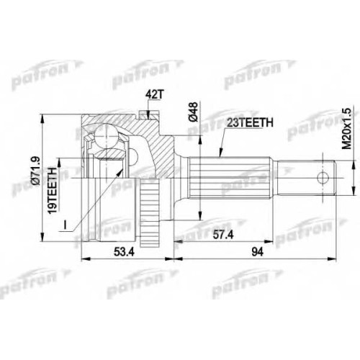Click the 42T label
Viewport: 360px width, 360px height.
tap(154, 95)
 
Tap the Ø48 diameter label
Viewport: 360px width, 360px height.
tap(194, 112)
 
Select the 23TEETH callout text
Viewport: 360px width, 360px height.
tap(250, 122)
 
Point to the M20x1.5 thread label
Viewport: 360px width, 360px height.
tap(346, 128)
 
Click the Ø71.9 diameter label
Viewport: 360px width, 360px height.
tap(36, 171)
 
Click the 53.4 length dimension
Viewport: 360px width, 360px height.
tap(124, 252)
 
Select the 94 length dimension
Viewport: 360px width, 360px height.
tap(258, 252)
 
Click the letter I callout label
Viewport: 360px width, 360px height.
tap(65, 225)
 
